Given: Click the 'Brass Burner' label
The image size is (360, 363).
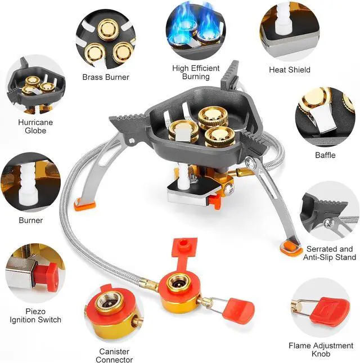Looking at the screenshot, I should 105,77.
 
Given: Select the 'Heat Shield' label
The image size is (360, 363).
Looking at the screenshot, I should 290,70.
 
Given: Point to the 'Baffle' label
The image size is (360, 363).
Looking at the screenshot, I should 325,155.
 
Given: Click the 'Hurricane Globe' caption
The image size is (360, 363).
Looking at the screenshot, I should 31,127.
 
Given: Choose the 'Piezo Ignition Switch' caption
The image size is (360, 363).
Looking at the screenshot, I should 35,315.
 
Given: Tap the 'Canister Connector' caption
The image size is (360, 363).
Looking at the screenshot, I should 114,355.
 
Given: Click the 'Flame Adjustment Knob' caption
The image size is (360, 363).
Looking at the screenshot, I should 321,350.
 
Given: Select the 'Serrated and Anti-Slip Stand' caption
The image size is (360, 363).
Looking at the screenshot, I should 330,253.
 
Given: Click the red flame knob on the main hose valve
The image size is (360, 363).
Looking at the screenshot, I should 242,309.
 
